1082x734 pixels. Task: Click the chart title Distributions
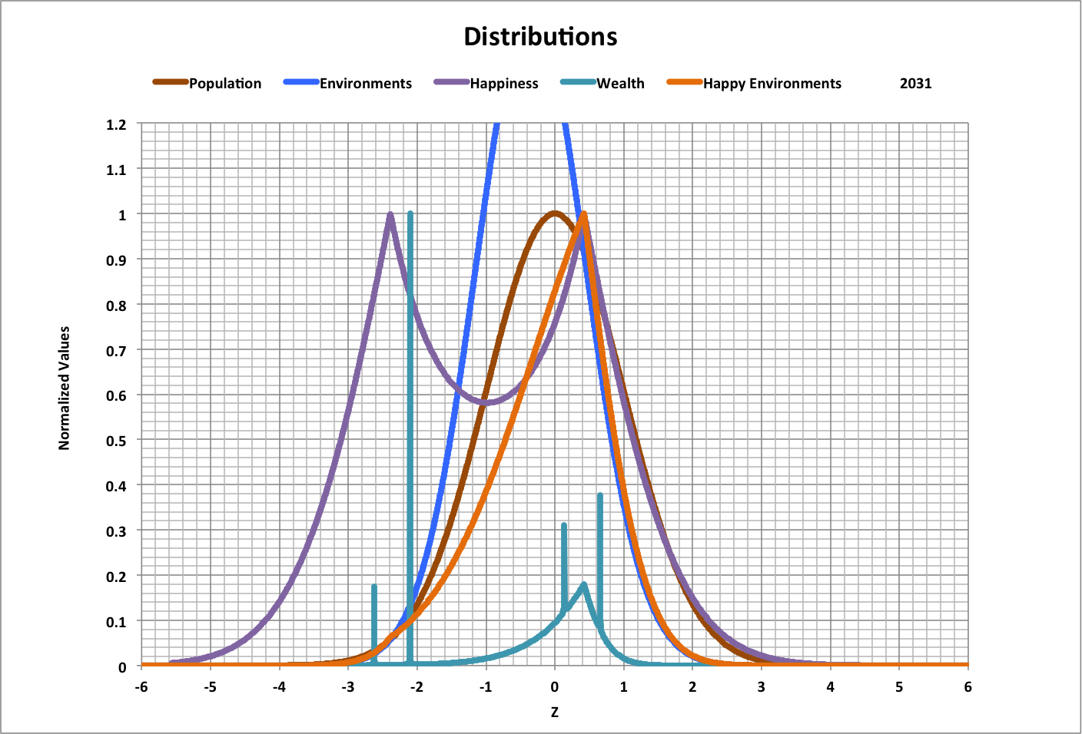(540, 36)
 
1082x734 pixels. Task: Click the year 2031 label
(915, 84)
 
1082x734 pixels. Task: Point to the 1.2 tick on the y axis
(117, 124)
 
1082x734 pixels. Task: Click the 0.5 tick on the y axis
(117, 441)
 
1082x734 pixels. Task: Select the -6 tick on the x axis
(141, 686)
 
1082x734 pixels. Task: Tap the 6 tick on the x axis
(967, 686)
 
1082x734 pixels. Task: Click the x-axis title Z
(554, 713)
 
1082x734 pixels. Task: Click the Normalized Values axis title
(65, 388)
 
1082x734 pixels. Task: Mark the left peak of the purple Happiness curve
(390, 215)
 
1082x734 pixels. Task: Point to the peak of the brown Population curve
(554, 213)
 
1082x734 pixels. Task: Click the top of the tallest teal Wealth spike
(410, 213)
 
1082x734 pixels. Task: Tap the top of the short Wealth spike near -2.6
(374, 587)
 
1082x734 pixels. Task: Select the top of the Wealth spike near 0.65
(599, 496)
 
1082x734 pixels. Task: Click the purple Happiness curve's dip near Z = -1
(486, 402)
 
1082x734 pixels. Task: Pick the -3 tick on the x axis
(347, 686)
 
